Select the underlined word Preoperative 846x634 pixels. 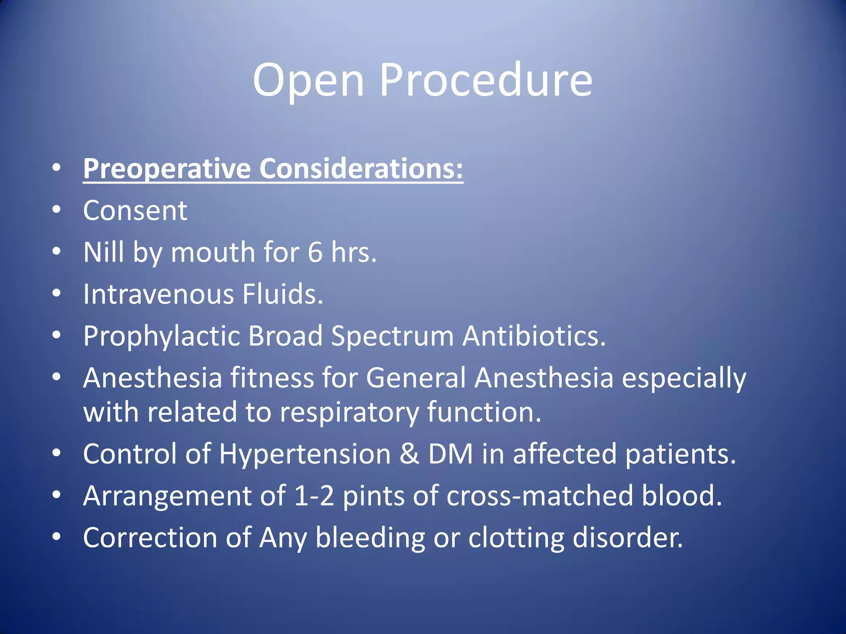tap(167, 169)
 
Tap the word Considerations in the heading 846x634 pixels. tap(361, 169)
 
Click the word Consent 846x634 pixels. tap(135, 211)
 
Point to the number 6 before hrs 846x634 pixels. tap(315, 252)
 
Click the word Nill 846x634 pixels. tap(103, 252)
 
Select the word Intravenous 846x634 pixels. tap(158, 294)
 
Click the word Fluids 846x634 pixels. tap(283, 294)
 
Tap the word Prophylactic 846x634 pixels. tap(162, 336)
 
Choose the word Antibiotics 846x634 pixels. tap(534, 336)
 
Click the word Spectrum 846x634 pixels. tap(392, 336)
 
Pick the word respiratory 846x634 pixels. tap(349, 413)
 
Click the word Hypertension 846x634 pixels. tap(305, 454)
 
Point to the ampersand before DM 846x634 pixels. tap(409, 454)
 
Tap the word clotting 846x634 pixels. tap(516, 538)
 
